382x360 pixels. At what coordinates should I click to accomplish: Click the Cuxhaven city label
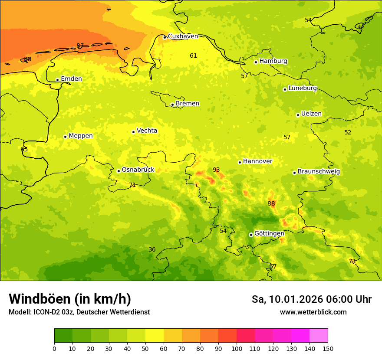point(183,36)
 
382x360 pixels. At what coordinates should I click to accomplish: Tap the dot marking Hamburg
point(256,62)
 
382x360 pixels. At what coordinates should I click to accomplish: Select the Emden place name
point(71,79)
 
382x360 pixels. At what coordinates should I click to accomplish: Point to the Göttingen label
point(269,233)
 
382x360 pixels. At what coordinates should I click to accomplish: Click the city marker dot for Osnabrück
point(119,171)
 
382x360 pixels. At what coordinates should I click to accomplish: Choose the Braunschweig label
point(319,172)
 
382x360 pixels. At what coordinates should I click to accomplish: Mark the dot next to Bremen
point(172,105)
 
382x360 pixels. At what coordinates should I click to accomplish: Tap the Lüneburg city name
point(302,88)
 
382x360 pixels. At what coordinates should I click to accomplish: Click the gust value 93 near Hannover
point(216,170)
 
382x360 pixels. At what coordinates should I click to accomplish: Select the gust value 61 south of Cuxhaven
point(194,56)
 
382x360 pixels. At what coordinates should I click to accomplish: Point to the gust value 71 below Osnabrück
point(132,185)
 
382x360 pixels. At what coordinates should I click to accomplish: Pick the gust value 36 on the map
point(152,249)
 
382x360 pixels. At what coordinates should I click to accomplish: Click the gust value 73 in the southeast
point(352,261)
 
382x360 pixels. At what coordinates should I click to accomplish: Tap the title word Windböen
point(40,299)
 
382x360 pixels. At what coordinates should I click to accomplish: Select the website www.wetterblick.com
point(313,312)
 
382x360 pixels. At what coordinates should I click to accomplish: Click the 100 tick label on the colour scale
point(237,348)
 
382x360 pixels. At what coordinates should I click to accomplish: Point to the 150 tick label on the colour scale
point(328,348)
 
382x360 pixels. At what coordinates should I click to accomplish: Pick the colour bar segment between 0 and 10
point(63,336)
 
